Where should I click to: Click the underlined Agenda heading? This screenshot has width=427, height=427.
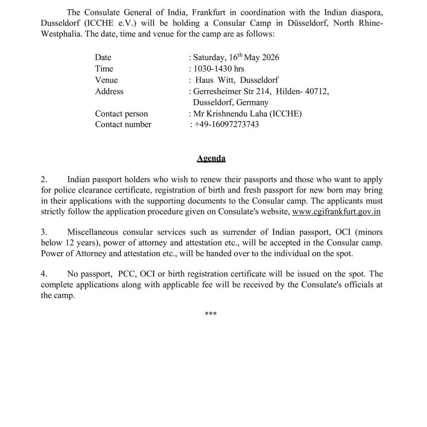[x=211, y=158]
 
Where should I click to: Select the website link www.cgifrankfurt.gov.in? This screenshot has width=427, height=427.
[x=337, y=211]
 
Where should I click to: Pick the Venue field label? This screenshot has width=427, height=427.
[x=106, y=80]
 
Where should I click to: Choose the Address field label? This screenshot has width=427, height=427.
[x=109, y=91]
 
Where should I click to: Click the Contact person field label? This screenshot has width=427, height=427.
[x=121, y=113]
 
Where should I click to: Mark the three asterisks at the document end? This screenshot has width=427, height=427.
[x=211, y=314]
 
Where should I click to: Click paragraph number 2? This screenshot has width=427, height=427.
[x=44, y=180]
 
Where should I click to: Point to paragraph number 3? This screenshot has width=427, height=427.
[x=44, y=232]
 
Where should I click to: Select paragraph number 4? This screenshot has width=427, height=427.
[x=44, y=274]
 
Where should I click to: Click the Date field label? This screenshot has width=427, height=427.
[x=103, y=57]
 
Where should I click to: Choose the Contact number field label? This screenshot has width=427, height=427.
[x=123, y=124]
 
